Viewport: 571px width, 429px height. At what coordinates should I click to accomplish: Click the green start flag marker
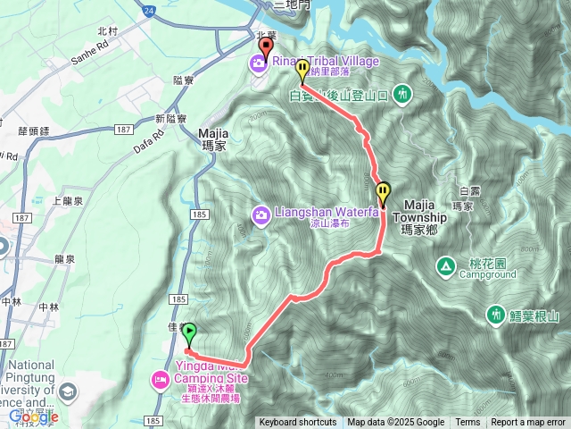coord(189,333)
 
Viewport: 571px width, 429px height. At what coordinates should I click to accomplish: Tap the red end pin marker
coord(265,47)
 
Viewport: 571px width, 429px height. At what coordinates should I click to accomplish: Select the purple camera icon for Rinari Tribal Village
coord(257,62)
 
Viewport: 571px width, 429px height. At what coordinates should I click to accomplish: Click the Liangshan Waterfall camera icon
coord(261,214)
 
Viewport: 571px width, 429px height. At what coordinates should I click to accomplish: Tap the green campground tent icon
coord(444,265)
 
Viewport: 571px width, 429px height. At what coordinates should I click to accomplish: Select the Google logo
coord(34,416)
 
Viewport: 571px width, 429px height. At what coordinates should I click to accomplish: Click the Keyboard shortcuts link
coord(298,423)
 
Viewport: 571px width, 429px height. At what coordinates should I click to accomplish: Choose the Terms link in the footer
coord(468,423)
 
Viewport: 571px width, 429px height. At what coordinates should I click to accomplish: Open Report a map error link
coord(528,423)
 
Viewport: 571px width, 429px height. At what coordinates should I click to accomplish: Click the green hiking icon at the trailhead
coord(403,92)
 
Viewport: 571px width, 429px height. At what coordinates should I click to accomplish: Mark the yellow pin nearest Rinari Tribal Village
coord(302,69)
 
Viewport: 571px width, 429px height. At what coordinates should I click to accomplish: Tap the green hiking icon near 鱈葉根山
coord(495,315)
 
